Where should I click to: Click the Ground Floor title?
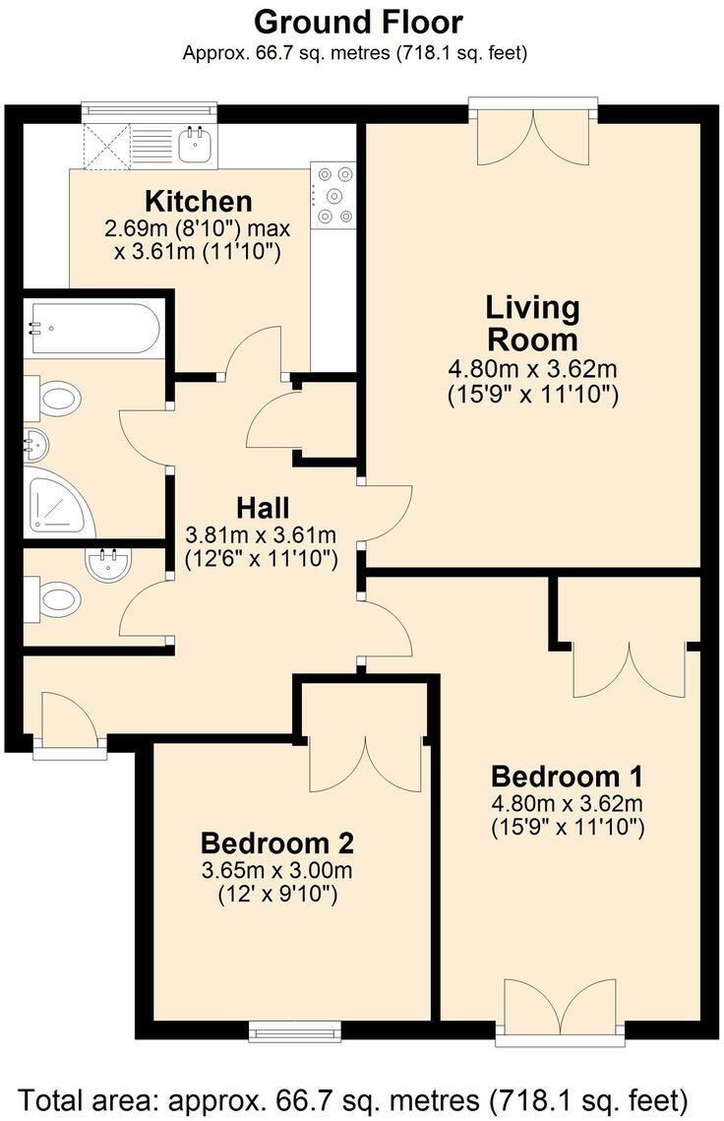click(358, 21)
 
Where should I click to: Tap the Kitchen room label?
click(199, 202)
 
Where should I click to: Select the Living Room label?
click(532, 323)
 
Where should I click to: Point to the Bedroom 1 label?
click(568, 773)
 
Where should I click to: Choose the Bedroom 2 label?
click(277, 842)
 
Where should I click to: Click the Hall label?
click(263, 508)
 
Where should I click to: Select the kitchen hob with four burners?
click(333, 195)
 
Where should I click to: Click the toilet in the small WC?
click(58, 597)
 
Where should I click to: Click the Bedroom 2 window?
click(294, 1029)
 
